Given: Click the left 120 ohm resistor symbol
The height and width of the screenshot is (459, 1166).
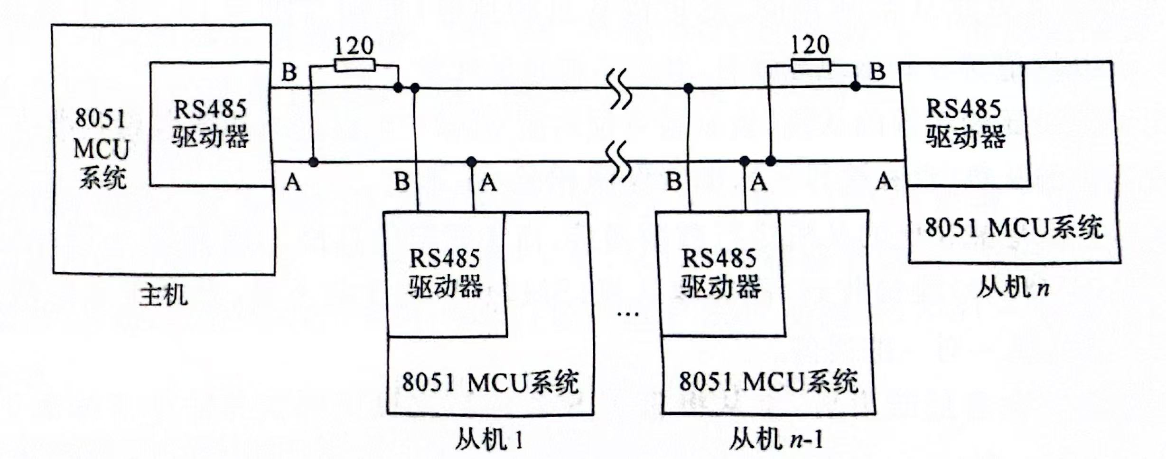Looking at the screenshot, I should coord(354,65).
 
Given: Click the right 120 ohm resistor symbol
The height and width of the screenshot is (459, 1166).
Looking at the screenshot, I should coord(811,65).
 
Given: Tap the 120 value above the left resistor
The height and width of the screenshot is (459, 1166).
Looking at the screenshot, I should coord(354,46).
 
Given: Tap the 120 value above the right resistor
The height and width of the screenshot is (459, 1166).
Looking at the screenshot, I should coord(810,45).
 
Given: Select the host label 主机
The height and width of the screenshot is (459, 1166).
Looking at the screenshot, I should coord(163,296).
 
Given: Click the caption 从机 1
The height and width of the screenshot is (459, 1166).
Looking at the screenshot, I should coord(489,440).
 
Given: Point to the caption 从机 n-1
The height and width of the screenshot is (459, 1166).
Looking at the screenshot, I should coord(775,440).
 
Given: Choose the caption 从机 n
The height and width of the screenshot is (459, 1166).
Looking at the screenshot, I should coord(1013,287).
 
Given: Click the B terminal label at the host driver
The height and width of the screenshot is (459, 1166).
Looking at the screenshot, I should coord(289,73).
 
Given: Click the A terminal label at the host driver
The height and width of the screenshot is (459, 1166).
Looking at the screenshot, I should coord(293,182).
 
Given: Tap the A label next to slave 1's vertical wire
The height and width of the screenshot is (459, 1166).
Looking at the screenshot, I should coord(488,182).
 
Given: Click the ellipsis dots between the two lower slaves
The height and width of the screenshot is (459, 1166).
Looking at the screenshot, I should coord(628,314).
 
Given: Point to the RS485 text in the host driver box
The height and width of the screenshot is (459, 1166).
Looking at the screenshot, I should coord(210,109).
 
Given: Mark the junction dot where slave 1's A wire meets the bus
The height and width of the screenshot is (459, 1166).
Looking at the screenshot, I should coord(471,162).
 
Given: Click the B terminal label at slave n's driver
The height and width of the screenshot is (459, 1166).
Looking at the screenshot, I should coord(877,72).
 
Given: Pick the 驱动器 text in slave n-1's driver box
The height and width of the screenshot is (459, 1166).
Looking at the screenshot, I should coord(721,287).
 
